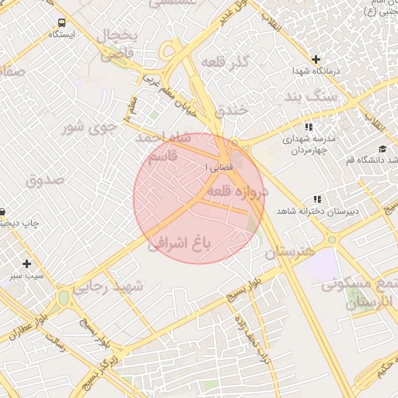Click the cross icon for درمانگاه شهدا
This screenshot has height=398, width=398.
pyautogui.click(x=316, y=59)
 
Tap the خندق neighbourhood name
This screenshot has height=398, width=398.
pyautogui.click(x=231, y=110)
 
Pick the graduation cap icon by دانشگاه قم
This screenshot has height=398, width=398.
pyautogui.click(x=382, y=148)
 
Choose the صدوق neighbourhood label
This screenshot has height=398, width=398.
pyautogui.click(x=45, y=180)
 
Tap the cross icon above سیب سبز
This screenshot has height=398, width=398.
pyautogui.click(x=27, y=264)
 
